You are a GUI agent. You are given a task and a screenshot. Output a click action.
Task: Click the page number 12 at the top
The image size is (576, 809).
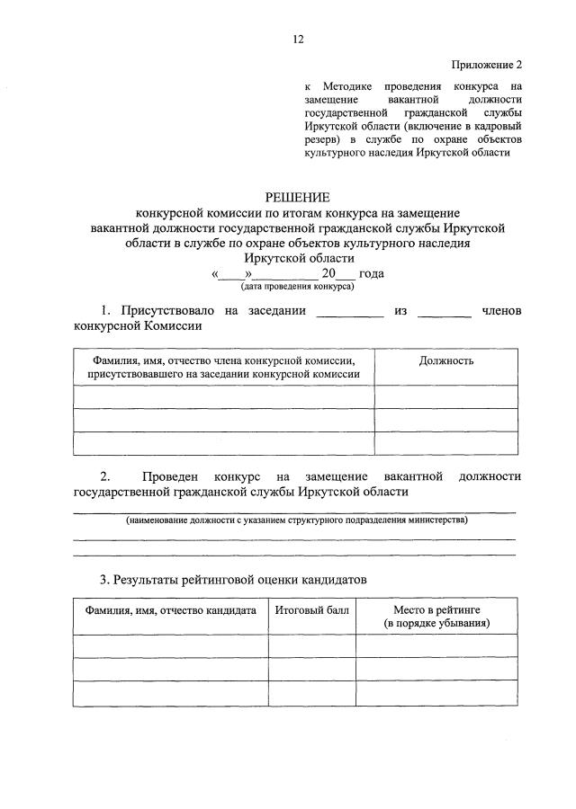[298, 39]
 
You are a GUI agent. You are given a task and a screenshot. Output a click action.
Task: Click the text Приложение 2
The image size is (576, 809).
[486, 65]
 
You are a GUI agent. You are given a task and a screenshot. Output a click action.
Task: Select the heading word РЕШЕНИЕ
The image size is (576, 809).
[297, 197]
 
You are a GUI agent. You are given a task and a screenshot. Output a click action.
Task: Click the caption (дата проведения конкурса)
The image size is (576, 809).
[297, 287]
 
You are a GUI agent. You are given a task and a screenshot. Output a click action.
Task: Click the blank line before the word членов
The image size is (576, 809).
[445, 312]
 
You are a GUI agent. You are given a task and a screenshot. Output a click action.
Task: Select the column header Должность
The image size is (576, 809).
[446, 360]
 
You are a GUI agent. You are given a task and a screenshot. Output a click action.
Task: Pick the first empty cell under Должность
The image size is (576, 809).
[446, 396]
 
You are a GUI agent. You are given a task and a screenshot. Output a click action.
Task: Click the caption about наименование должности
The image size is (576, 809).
[297, 520]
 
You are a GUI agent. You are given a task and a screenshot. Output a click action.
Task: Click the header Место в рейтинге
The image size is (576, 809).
[436, 616]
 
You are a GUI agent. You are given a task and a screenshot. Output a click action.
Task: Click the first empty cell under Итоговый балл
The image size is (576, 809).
[311, 645]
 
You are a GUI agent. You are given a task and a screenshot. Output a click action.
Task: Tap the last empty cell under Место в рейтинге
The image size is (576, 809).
[436, 693]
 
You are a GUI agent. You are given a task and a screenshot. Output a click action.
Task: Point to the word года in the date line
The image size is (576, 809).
[372, 273]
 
